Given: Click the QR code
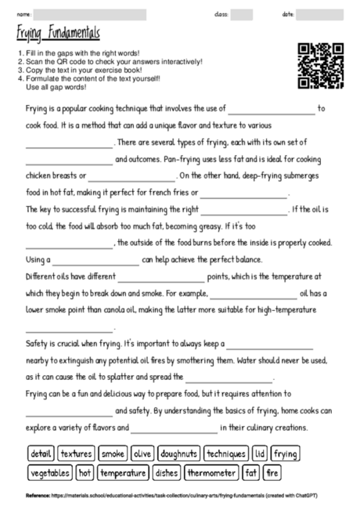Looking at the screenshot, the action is [x=322, y=65].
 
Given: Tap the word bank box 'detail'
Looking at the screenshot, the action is [x=40, y=453].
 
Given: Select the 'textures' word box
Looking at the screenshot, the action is [x=76, y=453].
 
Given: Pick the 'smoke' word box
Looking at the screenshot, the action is [x=113, y=453].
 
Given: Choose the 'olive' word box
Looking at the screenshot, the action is [x=142, y=453].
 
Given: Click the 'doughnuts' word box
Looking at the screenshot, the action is [x=178, y=453].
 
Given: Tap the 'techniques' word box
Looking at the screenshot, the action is [x=226, y=453].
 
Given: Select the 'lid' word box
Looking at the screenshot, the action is [x=261, y=453].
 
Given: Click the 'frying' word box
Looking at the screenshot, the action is [x=285, y=453].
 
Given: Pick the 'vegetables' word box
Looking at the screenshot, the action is [x=49, y=473].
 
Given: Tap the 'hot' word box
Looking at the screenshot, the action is [x=85, y=473].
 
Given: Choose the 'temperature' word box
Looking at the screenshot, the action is [x=123, y=473].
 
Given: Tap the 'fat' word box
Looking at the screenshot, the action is [x=251, y=473].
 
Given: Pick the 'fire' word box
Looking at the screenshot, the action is [x=272, y=473].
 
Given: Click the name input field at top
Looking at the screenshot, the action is [x=90, y=14].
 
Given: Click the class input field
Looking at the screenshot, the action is [x=242, y=14].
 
